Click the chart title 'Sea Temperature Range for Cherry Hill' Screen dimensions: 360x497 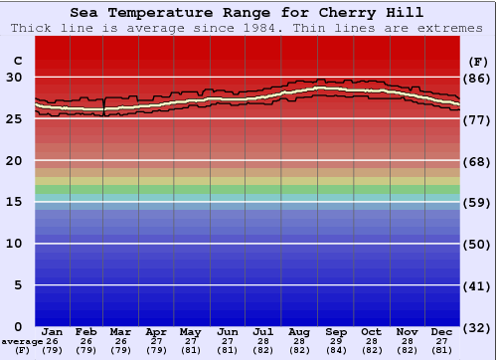(247, 13)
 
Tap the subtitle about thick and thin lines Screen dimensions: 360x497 (247, 28)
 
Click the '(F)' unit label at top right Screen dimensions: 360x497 (476, 61)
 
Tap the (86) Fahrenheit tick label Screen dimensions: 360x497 (477, 78)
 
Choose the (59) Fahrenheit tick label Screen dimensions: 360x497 (477, 202)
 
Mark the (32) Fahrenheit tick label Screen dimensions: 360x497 (477, 326)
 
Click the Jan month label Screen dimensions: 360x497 (53, 332)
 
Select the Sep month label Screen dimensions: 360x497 (336, 332)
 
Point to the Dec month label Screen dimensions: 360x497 (442, 332)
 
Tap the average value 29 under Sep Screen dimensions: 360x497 (336, 341)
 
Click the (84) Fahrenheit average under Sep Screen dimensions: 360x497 (336, 350)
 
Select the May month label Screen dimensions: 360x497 (189, 332)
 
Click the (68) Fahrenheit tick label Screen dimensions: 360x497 (477, 161)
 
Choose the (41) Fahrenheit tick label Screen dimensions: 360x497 (477, 285)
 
